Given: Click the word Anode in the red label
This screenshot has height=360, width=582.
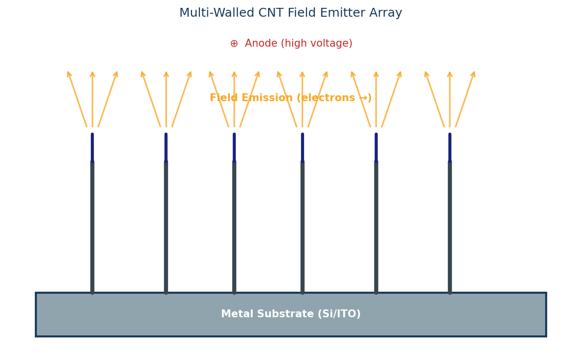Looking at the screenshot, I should click(x=261, y=44).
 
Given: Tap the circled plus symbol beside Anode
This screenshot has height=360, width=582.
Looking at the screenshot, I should click(x=234, y=44).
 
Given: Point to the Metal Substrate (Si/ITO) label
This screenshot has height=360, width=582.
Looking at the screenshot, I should click(x=291, y=314).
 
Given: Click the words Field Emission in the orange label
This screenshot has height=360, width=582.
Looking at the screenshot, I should click(x=251, y=98).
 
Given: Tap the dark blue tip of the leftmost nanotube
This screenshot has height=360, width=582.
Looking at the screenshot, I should click(x=92, y=147).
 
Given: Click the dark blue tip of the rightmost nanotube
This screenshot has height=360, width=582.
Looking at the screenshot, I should click(x=450, y=147).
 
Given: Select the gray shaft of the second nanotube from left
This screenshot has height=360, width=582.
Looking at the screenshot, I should click(x=166, y=226).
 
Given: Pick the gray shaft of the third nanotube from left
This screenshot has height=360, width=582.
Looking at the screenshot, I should click(x=234, y=226).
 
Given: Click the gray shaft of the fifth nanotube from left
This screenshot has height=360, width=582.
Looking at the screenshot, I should click(x=376, y=226).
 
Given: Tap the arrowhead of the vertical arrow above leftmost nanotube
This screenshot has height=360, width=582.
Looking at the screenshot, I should click(x=92, y=74).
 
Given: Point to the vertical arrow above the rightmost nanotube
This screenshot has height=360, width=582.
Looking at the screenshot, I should click(x=450, y=101).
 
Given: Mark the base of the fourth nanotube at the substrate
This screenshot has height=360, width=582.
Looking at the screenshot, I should click(x=303, y=291).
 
